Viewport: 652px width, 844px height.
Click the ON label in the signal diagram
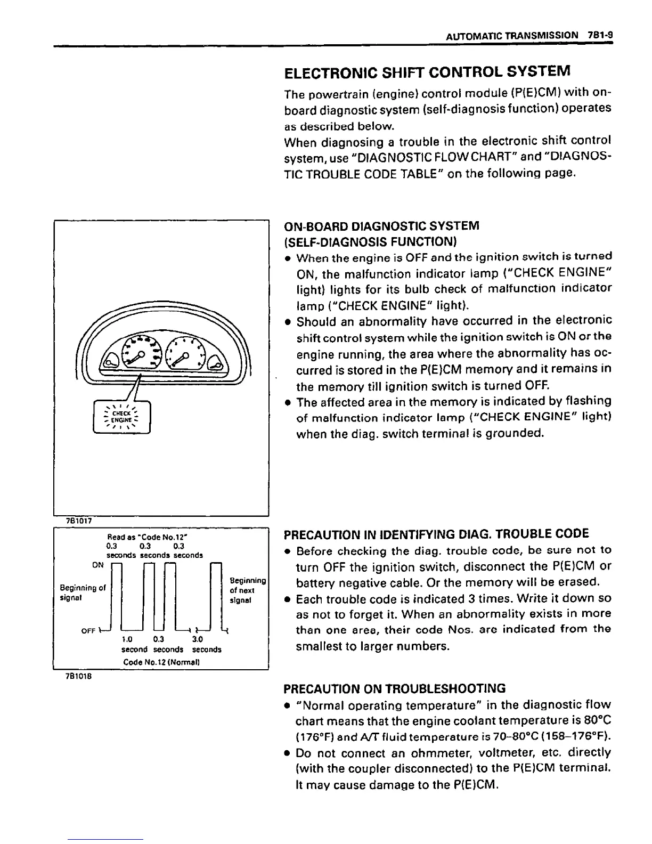[x=97, y=565]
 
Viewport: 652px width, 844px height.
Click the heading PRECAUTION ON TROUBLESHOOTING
[x=395, y=688]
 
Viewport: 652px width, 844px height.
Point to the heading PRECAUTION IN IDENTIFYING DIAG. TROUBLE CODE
[x=436, y=534]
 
